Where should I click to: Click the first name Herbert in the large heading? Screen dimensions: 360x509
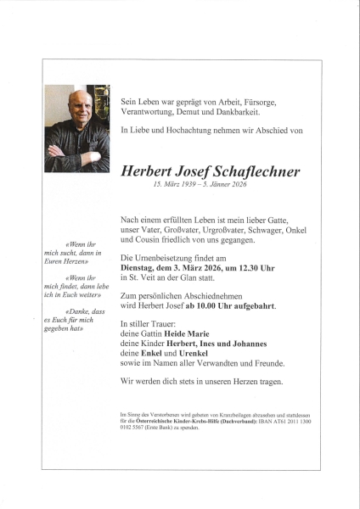(149, 171)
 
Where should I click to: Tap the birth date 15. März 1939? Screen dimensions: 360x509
(173, 186)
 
